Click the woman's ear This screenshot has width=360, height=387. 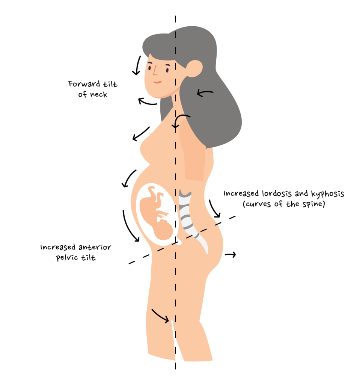point(194,68)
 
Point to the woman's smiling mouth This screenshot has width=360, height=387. point(158,82)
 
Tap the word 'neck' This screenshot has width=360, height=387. point(99,94)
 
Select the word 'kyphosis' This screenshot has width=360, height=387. point(327,194)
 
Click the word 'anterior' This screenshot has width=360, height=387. point(95,247)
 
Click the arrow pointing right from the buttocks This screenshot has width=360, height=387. point(230,254)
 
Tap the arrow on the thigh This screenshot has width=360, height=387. point(160,316)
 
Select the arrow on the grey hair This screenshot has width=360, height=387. point(205,93)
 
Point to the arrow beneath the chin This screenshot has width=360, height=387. point(148,101)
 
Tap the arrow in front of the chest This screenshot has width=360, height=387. point(141,134)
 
